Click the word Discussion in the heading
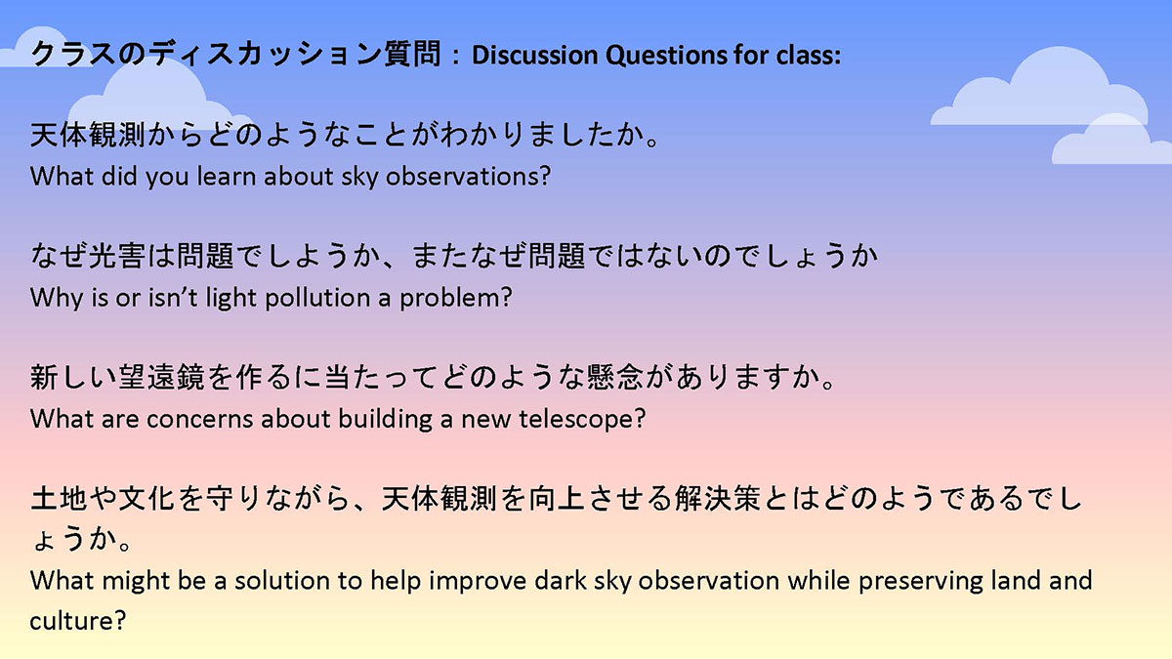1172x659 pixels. (x=535, y=55)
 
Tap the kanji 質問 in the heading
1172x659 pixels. (x=413, y=54)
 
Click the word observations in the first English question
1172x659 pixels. (x=468, y=177)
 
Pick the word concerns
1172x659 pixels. (x=200, y=420)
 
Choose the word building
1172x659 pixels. (x=386, y=420)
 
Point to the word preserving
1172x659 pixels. (x=921, y=581)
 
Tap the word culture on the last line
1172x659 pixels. (x=78, y=621)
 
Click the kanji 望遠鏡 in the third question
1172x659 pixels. (x=160, y=377)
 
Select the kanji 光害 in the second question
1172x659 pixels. (x=116, y=255)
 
